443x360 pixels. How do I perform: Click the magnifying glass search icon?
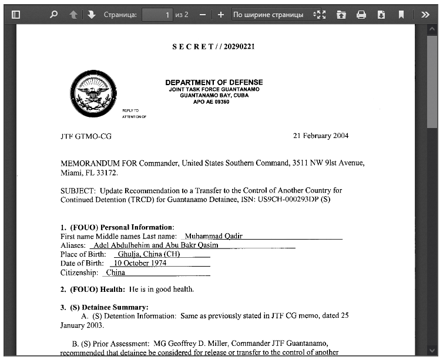(x=54, y=14)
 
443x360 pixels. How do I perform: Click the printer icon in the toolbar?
(x=361, y=14)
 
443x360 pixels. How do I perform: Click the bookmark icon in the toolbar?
(x=401, y=14)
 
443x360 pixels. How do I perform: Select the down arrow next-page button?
(x=92, y=14)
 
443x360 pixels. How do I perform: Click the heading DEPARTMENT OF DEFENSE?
(x=214, y=82)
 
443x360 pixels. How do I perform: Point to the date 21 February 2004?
(x=321, y=136)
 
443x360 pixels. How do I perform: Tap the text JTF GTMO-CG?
(x=86, y=136)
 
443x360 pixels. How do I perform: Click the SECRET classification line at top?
(x=213, y=47)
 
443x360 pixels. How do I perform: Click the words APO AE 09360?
(x=211, y=102)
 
